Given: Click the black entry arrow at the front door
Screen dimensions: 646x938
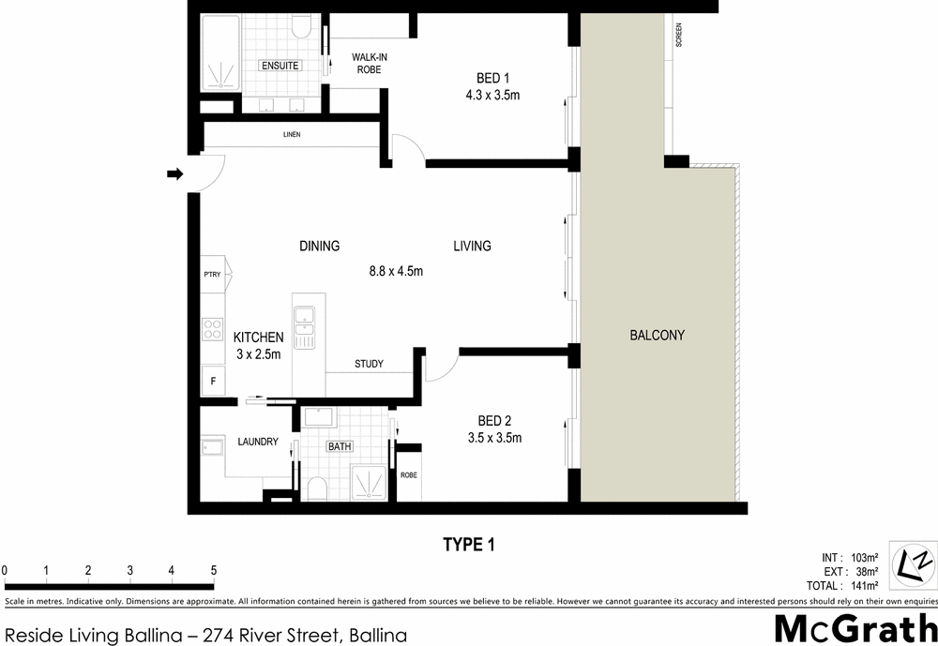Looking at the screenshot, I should [174, 173].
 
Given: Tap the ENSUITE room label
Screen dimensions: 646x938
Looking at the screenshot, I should [280, 66].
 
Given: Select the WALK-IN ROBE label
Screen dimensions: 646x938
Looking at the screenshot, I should [370, 63].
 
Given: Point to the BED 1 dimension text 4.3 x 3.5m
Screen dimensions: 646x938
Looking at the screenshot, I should [492, 95].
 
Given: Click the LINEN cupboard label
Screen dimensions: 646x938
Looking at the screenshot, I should [292, 136].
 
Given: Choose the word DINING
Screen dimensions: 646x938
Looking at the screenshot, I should [319, 247].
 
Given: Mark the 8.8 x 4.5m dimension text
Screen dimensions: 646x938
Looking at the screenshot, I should [396, 272].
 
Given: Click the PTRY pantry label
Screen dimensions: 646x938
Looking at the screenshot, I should [211, 275].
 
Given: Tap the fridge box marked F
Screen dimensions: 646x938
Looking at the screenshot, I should [213, 382].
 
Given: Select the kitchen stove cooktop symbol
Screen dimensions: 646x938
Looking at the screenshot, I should [211, 328].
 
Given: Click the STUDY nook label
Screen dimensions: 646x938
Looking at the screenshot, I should [369, 364].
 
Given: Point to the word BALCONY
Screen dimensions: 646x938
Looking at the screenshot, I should [657, 335].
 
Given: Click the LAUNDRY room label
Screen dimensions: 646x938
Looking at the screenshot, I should [257, 442].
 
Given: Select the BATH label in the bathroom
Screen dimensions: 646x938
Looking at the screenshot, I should [340, 446].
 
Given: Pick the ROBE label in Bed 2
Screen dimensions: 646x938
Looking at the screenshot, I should [409, 475].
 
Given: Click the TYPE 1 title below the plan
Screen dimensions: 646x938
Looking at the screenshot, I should [468, 545].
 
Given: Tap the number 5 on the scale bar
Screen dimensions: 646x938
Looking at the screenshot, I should [213, 570].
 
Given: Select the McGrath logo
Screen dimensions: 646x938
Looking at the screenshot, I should [855, 627].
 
